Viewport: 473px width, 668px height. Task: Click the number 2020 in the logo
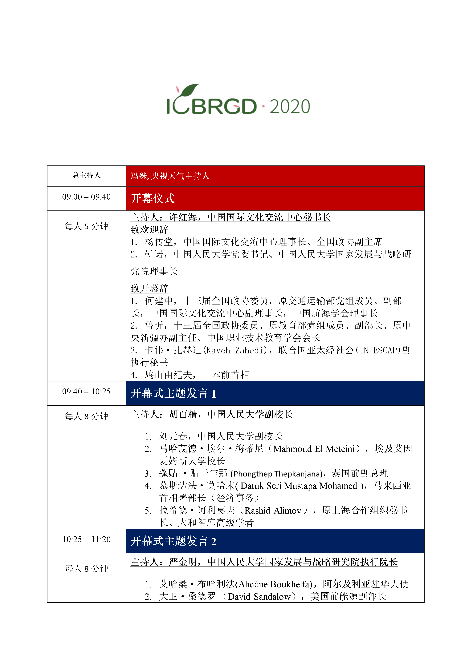pyautogui.click(x=290, y=107)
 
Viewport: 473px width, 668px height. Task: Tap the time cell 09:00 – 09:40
pyautogui.click(x=87, y=197)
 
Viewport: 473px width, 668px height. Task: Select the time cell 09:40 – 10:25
pyautogui.click(x=87, y=392)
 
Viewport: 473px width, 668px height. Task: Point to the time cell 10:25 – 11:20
pyautogui.click(x=87, y=539)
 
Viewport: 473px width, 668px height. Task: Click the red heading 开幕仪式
pyautogui.click(x=153, y=199)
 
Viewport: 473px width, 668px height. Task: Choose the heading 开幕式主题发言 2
pyautogui.click(x=173, y=541)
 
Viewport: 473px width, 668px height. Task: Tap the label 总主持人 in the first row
pyautogui.click(x=87, y=175)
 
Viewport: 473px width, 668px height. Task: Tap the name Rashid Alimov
pyautogui.click(x=273, y=511)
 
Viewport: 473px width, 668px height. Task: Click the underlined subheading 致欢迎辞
pyautogui.click(x=149, y=230)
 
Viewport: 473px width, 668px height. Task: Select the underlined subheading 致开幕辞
pyautogui.click(x=149, y=289)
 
